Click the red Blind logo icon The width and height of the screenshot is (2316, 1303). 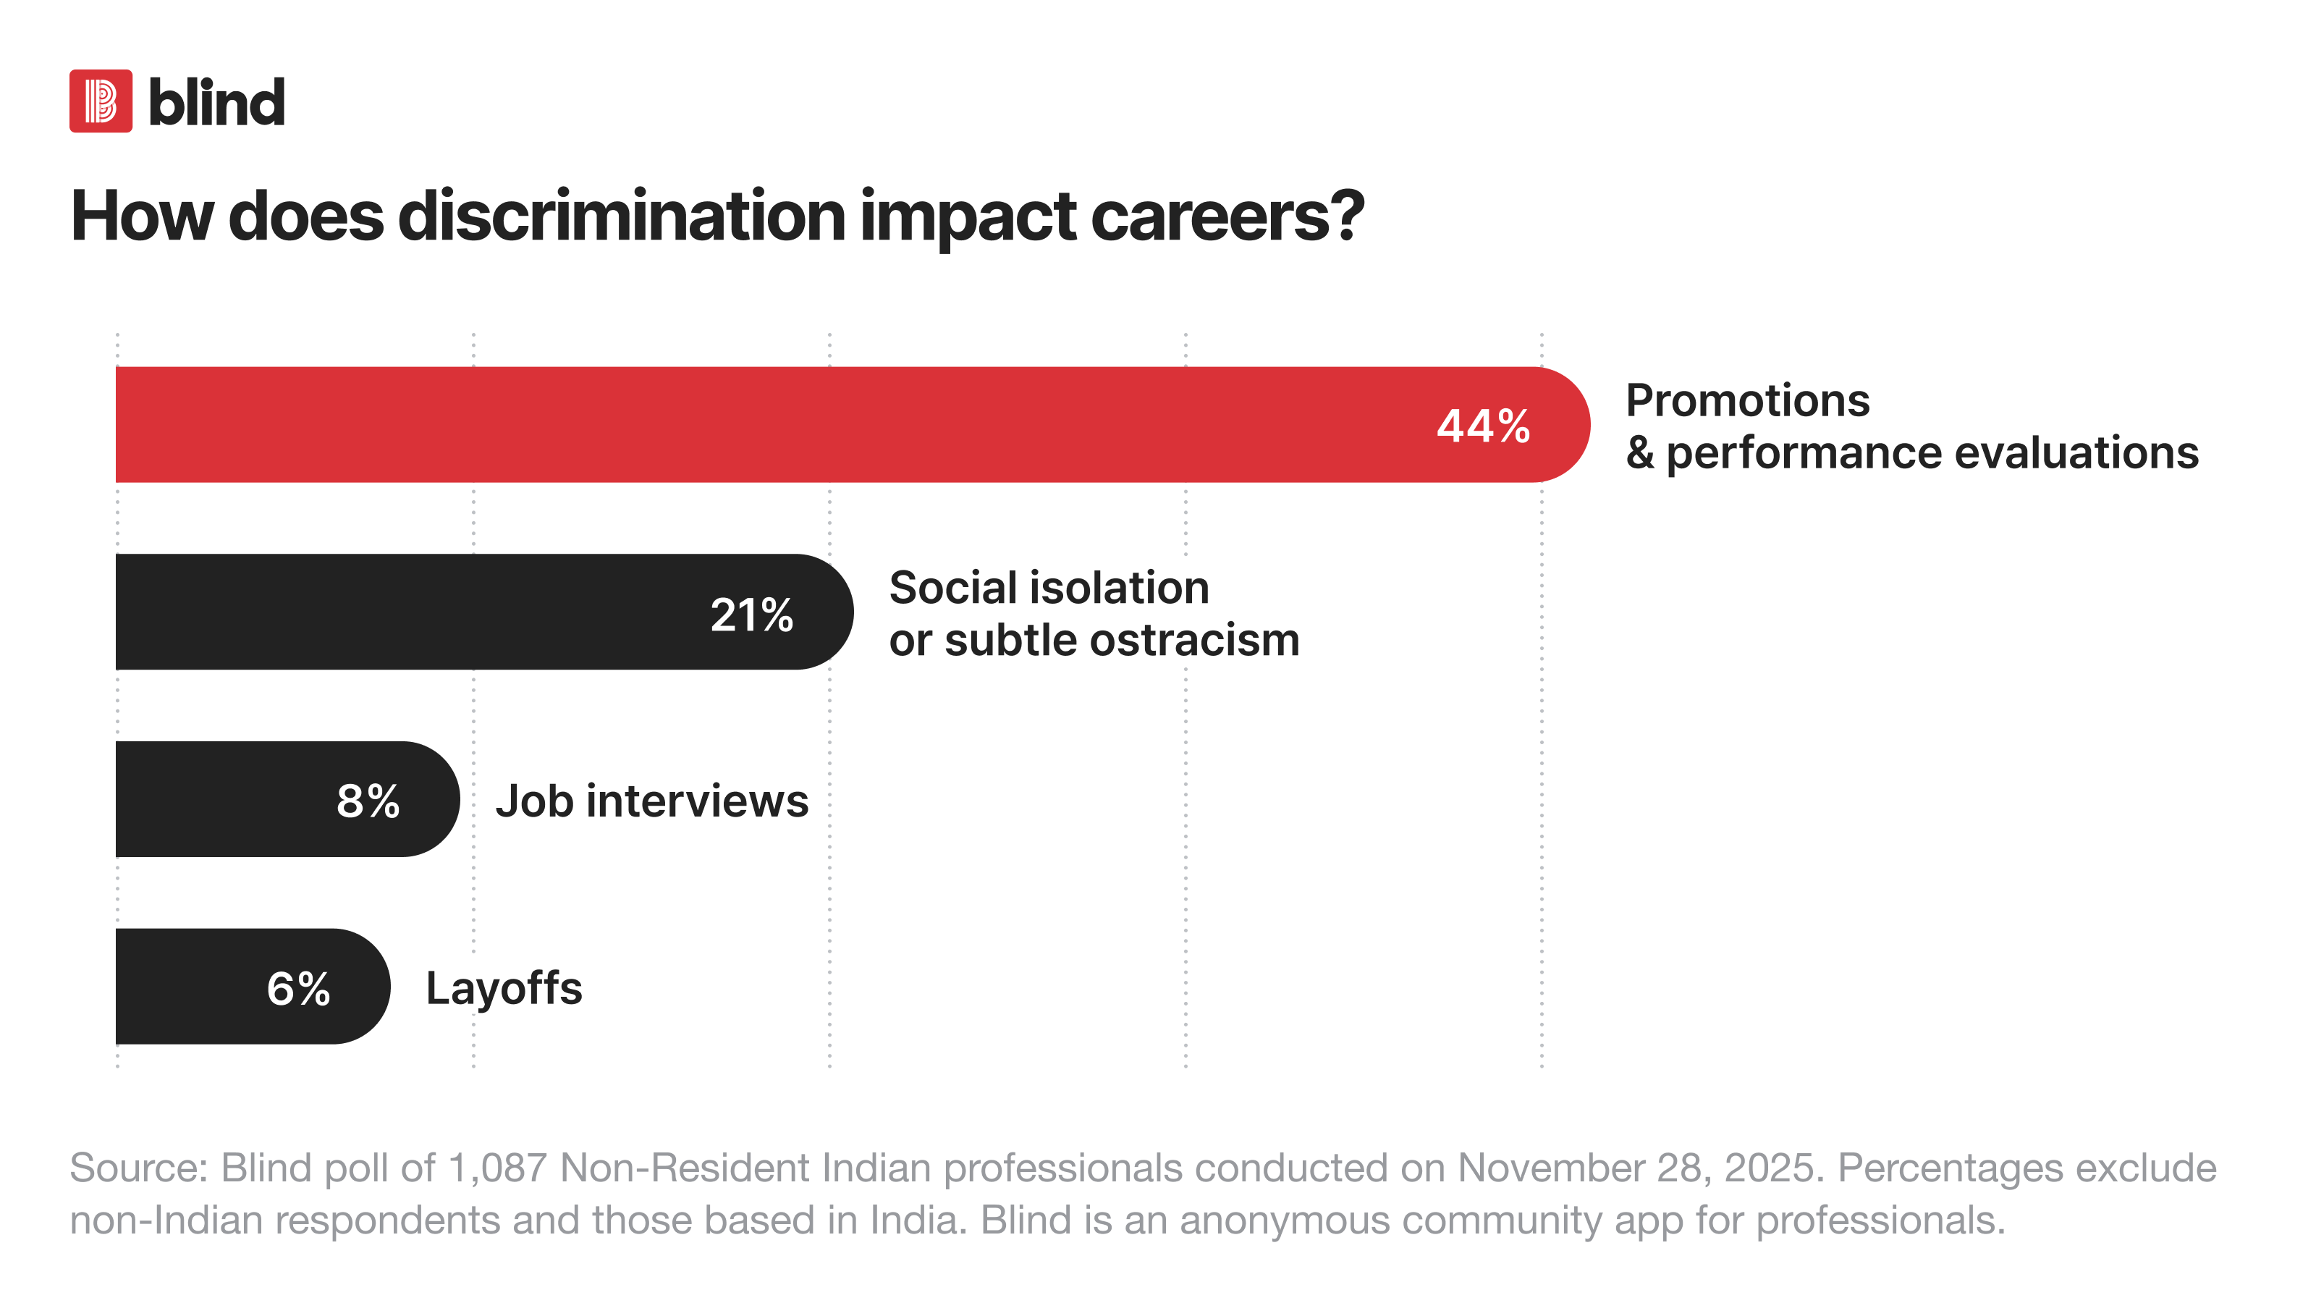point(101,101)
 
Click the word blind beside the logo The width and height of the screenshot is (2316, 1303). point(216,101)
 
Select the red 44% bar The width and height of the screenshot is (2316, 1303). point(853,424)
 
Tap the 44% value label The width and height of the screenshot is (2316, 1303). point(1484,426)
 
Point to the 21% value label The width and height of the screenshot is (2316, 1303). point(752,615)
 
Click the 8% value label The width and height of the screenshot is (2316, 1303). point(368,801)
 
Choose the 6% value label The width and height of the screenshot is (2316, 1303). point(298,988)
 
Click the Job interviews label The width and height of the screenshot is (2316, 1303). point(652,801)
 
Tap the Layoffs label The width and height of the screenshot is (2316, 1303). point(504,989)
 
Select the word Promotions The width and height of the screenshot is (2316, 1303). point(1748,400)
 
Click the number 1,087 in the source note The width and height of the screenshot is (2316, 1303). point(497,1168)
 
